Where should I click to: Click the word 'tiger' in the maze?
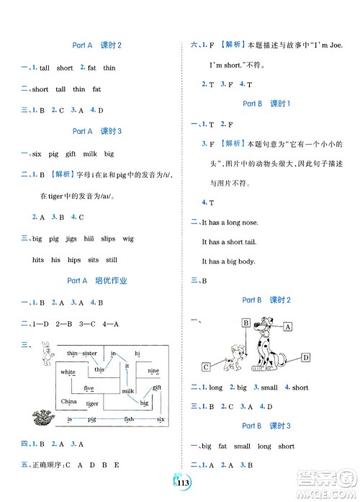pyautogui.click(x=92, y=403)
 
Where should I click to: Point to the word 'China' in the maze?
pyautogui.click(x=69, y=400)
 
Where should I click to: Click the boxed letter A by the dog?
pyautogui.click(x=287, y=326)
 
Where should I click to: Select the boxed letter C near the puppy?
pyautogui.click(x=207, y=367)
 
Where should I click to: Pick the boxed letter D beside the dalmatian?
pyautogui.click(x=305, y=357)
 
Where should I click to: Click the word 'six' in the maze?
pyautogui.click(x=161, y=419)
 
